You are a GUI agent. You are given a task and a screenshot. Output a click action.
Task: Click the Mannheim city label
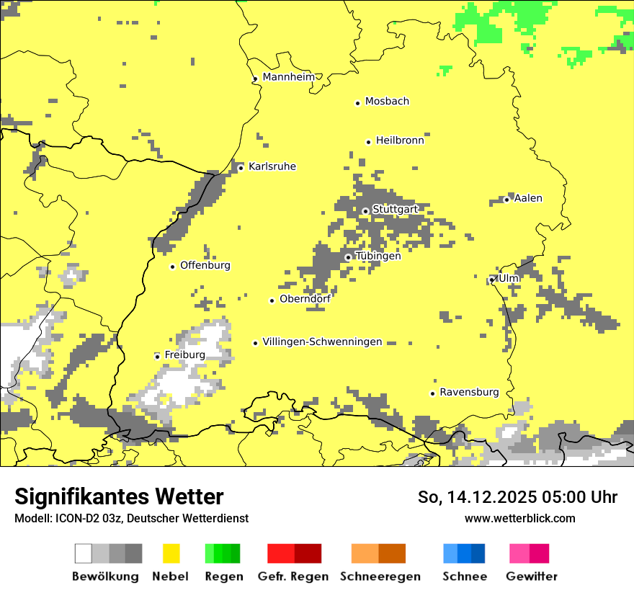coord(289,77)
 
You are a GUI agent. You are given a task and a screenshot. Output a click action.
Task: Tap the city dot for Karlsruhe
coord(241,168)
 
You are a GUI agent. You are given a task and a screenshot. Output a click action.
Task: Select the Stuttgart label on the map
coord(395,210)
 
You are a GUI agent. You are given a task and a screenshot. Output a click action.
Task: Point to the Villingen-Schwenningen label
coord(322,342)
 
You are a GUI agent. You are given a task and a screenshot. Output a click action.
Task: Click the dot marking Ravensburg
coord(432,393)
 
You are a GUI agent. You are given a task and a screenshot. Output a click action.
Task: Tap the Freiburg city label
coord(184,355)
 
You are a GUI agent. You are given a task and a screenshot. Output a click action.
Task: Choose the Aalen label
coord(528,198)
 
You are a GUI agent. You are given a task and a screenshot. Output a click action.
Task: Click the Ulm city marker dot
coord(492,280)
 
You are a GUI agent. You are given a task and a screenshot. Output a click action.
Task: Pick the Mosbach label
coord(387,102)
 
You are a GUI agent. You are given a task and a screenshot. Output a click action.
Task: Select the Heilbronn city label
coord(400,140)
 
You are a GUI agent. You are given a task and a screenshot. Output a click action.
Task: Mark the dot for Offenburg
coord(172,267)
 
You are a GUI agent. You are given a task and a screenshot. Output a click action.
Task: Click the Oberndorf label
coord(305,299)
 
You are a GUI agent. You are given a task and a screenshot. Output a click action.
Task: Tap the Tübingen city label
coord(378,256)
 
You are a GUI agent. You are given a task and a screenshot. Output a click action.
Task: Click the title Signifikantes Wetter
coord(119,496)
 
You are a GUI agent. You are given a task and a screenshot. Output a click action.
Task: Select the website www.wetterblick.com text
coord(519,518)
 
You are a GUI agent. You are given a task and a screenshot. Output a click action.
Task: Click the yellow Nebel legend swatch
coord(171,553)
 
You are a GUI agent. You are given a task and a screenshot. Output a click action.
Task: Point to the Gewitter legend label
coord(532,576)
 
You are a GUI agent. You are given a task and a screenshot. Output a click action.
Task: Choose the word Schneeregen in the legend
coord(380,576)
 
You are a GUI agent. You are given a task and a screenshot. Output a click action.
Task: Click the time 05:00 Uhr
coord(578,497)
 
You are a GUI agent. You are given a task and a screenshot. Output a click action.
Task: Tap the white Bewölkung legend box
coord(84,553)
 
